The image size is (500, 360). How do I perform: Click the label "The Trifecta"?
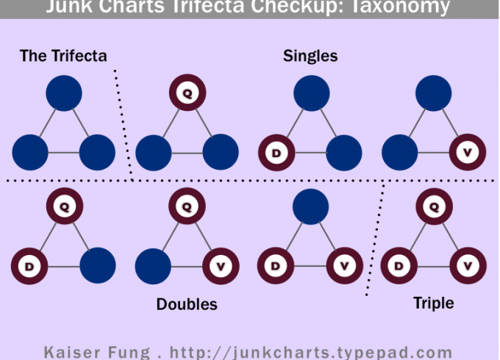point(63,56)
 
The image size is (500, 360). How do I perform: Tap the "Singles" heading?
point(310,56)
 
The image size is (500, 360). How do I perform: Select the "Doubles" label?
point(187,304)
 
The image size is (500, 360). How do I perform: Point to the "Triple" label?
point(434,303)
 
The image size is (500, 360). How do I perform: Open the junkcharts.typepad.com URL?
point(310,351)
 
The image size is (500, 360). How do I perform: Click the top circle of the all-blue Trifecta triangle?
point(64,94)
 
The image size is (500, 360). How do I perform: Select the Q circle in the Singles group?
point(187,94)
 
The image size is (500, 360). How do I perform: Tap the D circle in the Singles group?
point(276,153)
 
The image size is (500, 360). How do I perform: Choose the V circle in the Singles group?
point(468,153)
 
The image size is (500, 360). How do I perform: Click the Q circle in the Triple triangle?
point(434,207)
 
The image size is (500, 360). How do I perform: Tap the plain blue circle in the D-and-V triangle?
point(310,207)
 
